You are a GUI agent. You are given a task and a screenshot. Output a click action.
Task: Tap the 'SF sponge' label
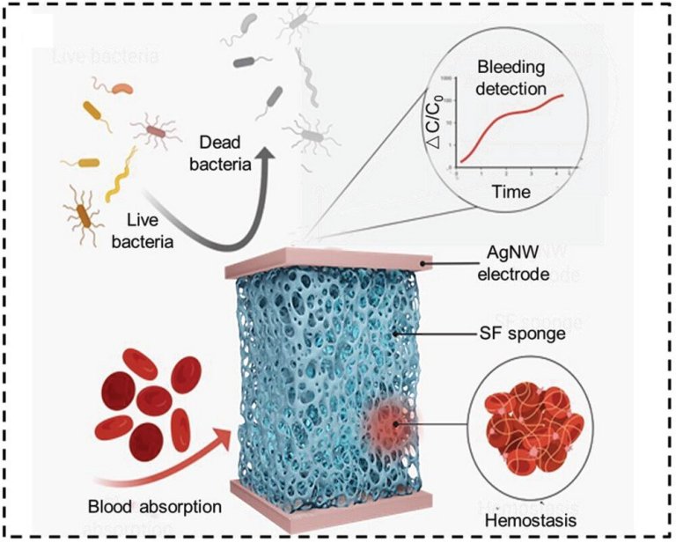(529, 334)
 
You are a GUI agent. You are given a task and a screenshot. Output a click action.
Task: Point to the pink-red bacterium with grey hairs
(156, 131)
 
